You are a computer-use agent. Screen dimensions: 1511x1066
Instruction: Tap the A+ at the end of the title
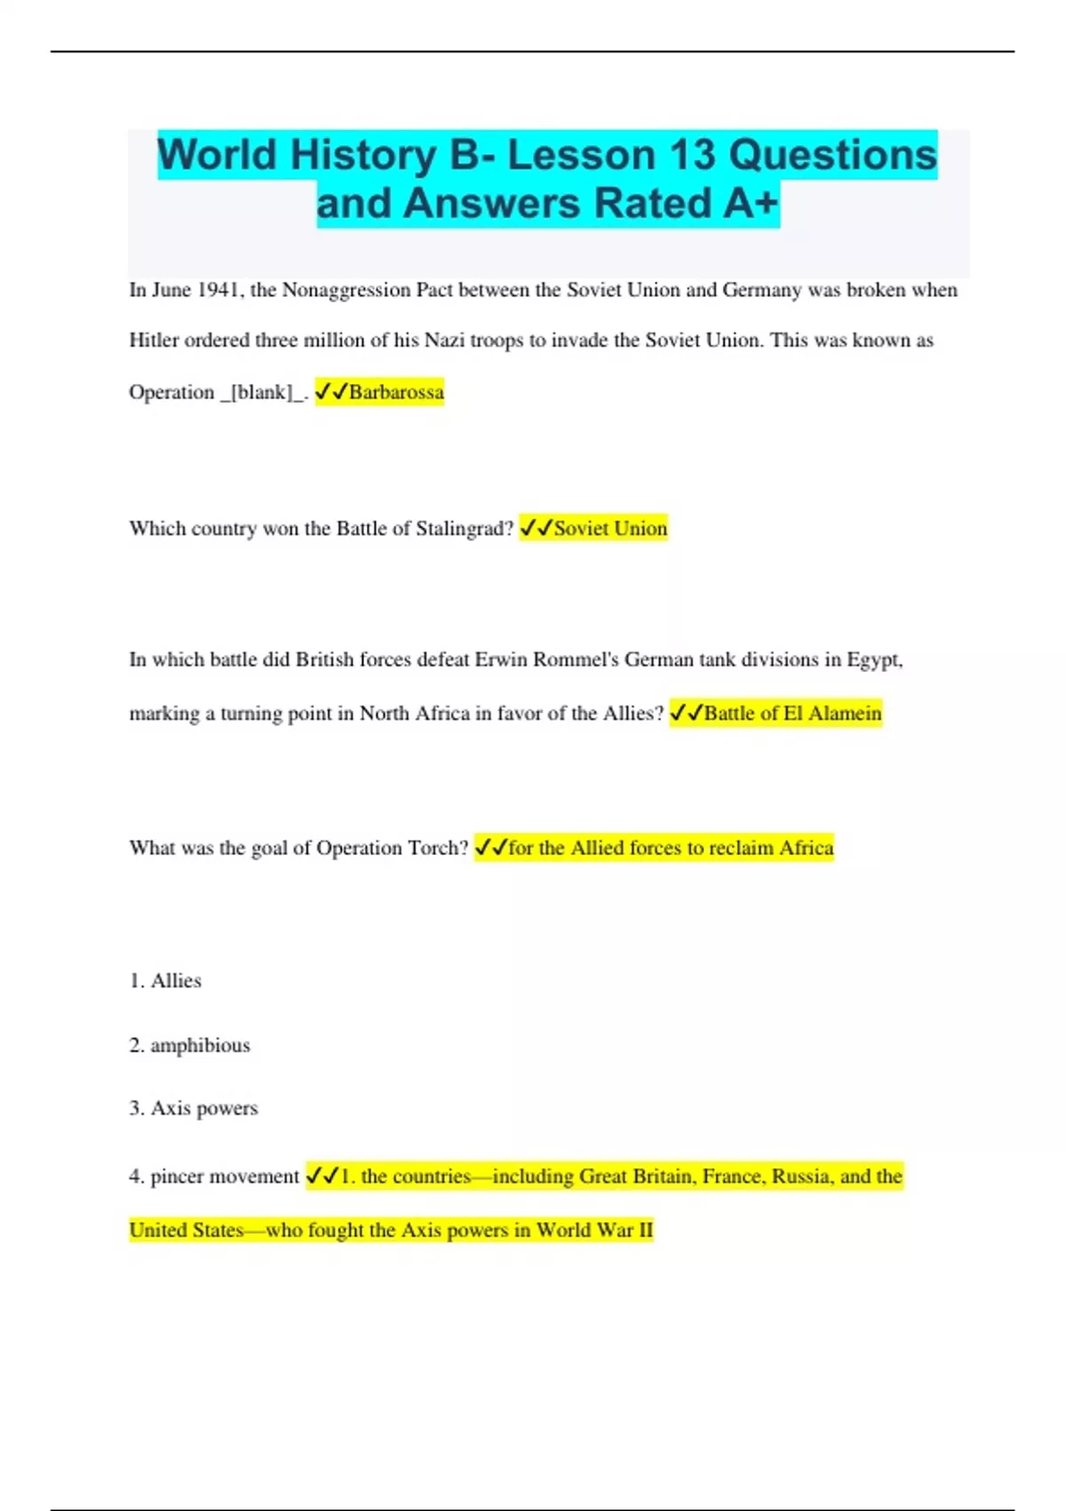pos(751,203)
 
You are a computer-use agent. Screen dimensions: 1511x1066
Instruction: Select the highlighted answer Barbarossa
pos(396,392)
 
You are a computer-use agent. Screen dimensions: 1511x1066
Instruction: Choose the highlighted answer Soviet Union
pos(610,528)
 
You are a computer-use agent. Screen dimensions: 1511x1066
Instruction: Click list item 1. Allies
pos(165,980)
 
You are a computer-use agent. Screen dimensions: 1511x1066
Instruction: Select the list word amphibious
pos(200,1045)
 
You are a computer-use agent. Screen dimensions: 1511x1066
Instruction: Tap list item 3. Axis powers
pos(194,1108)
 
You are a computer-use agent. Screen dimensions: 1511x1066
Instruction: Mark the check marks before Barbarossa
pos(331,392)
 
